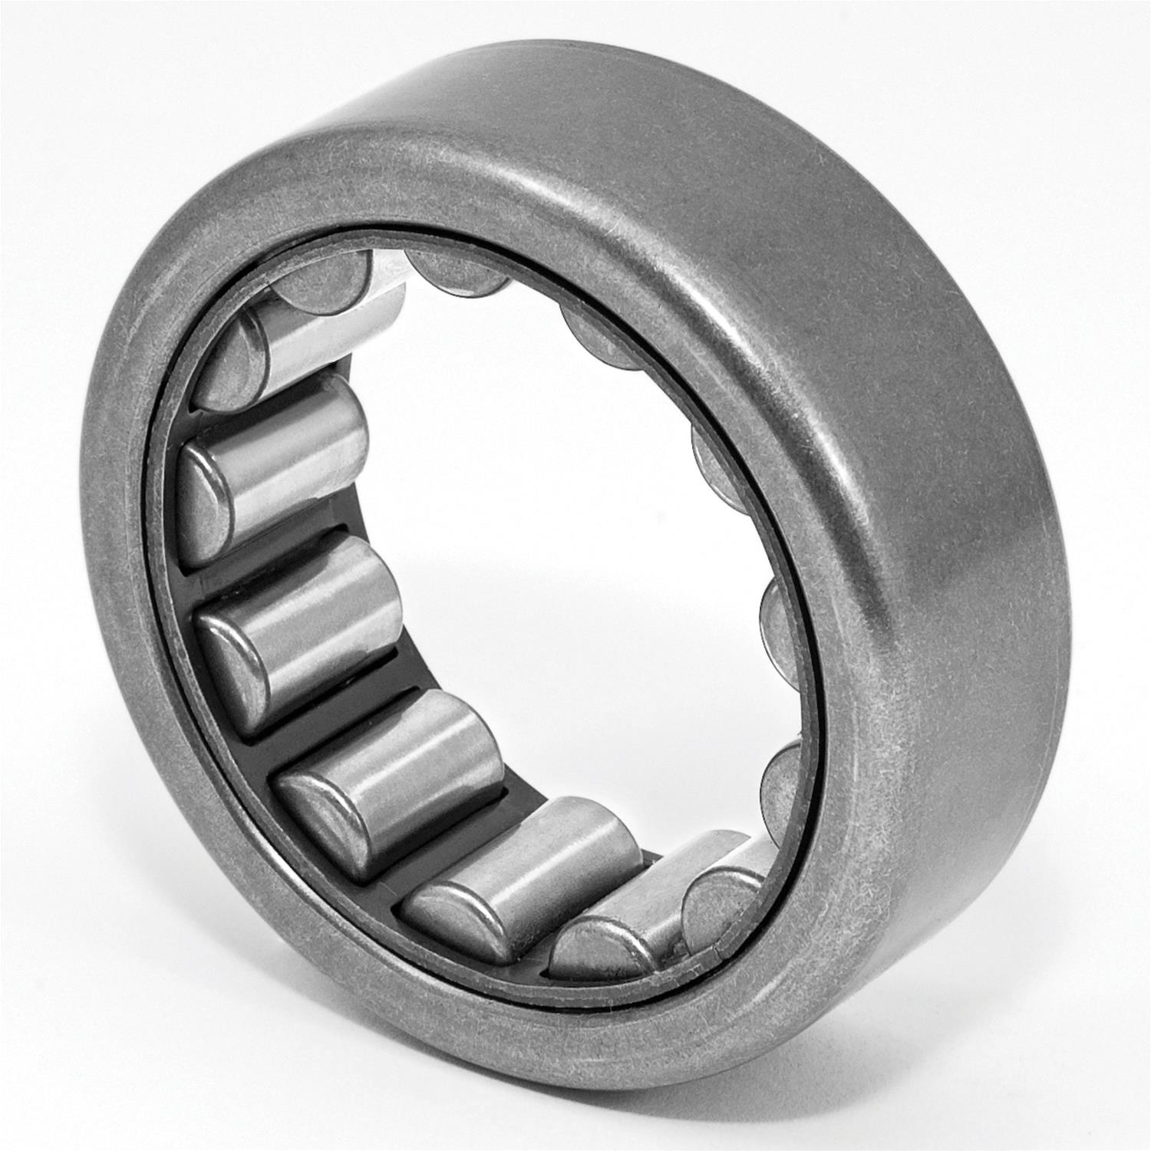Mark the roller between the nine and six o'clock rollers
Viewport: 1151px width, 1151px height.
[x=384, y=775]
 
